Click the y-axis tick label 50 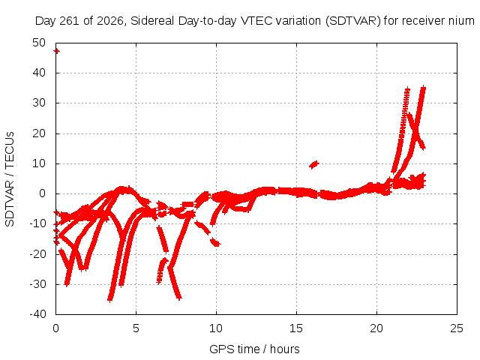pyautogui.click(x=39, y=43)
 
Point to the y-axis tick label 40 pyautogui.click(x=39, y=73)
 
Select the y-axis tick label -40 pyautogui.click(x=37, y=314)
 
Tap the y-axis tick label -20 pyautogui.click(x=37, y=253)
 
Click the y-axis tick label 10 pyautogui.click(x=39, y=163)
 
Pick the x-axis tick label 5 pyautogui.click(x=136, y=328)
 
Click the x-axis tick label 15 pyautogui.click(x=296, y=328)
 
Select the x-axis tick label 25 pyautogui.click(x=457, y=328)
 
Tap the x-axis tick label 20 pyautogui.click(x=376, y=328)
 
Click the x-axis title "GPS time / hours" pyautogui.click(x=254, y=349)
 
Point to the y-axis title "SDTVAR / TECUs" pyautogui.click(x=10, y=179)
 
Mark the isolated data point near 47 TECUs pyautogui.click(x=57, y=51)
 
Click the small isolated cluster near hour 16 pyautogui.click(x=314, y=165)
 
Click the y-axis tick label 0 pyautogui.click(x=43, y=193)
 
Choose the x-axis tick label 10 pyautogui.click(x=216, y=328)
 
